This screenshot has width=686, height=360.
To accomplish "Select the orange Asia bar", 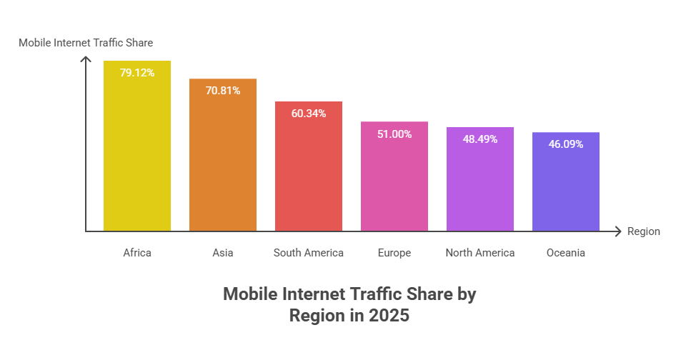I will pyautogui.click(x=223, y=164).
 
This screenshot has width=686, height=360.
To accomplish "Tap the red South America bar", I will pyautogui.click(x=309, y=175).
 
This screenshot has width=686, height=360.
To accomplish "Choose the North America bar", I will pyautogui.click(x=480, y=187).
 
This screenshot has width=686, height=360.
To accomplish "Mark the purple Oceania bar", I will pyautogui.click(x=566, y=189).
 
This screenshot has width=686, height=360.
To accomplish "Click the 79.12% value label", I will pyautogui.click(x=137, y=72).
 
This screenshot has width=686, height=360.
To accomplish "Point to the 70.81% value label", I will pyautogui.click(x=223, y=91).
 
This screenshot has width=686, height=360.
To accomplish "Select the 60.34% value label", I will pyautogui.click(x=309, y=114).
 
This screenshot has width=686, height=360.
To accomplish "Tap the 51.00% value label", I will pyautogui.click(x=394, y=134).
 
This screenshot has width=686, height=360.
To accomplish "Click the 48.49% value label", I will pyautogui.click(x=480, y=139).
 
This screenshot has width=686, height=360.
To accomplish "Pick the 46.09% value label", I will pyautogui.click(x=566, y=144).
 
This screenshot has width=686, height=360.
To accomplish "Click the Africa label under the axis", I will pyautogui.click(x=137, y=253).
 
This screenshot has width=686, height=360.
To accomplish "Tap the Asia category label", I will pyautogui.click(x=223, y=253).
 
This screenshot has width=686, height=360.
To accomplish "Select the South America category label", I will pyautogui.click(x=309, y=253).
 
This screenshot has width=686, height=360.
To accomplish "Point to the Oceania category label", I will pyautogui.click(x=566, y=253).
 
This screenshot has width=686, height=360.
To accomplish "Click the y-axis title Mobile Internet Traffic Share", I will pyautogui.click(x=86, y=43).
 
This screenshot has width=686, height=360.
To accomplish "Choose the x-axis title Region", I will pyautogui.click(x=643, y=231).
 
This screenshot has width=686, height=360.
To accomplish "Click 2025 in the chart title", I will pyautogui.click(x=389, y=316).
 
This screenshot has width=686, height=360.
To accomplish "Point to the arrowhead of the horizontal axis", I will pyautogui.click(x=617, y=231).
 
